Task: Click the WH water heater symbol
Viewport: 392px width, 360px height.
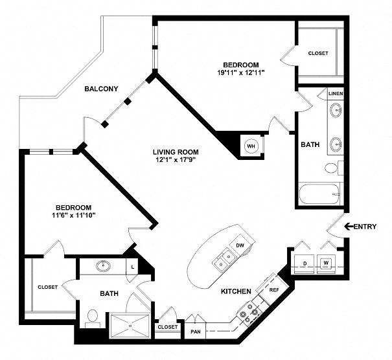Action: (251, 146)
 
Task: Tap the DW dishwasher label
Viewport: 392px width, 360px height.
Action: (240, 245)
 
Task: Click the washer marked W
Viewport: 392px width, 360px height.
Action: (326, 264)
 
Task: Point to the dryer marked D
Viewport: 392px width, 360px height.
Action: (305, 264)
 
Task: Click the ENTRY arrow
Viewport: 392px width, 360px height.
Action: (349, 227)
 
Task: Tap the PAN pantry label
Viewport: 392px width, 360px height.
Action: (196, 332)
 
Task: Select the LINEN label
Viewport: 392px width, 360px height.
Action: (336, 94)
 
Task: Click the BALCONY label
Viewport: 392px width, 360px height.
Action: (101, 89)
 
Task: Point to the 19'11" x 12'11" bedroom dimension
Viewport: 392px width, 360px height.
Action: (241, 73)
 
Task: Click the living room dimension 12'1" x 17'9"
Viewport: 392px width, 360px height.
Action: (176, 160)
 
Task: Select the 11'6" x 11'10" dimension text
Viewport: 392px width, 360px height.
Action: (73, 215)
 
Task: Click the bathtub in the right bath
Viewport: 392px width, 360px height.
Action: (319, 194)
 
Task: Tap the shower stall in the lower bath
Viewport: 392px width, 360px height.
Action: (130, 326)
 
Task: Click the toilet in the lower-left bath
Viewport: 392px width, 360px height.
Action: (93, 319)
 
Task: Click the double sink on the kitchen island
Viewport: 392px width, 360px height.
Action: (224, 259)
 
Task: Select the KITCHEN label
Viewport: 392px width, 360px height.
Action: (236, 291)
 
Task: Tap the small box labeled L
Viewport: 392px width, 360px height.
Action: (133, 267)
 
